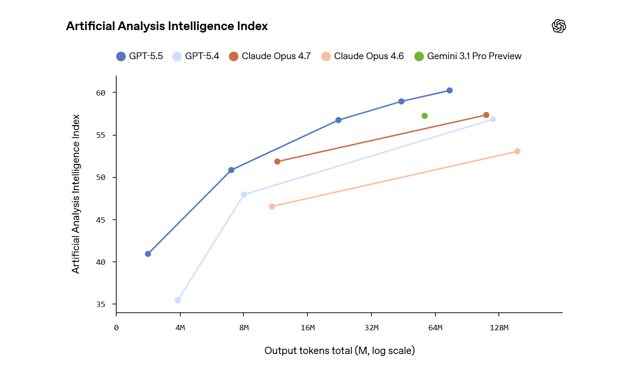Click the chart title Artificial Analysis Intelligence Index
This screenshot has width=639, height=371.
[x=167, y=26]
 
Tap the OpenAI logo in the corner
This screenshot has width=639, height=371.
[x=559, y=26]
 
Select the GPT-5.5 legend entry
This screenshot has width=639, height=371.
[x=140, y=56]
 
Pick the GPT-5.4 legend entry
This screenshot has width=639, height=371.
[x=196, y=56]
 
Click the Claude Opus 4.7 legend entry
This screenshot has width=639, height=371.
[x=270, y=56]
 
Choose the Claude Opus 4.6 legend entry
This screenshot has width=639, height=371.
[x=363, y=56]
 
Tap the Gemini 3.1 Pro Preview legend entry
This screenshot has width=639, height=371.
[x=468, y=56]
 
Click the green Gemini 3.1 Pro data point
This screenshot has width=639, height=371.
[x=425, y=116]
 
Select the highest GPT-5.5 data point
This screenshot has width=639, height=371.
[x=449, y=91]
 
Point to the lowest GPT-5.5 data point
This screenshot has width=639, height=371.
[x=148, y=254]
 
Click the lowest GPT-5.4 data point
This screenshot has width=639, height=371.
[x=178, y=301]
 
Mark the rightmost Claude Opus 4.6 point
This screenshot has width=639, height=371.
[x=517, y=151]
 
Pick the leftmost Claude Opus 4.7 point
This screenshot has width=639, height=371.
[x=277, y=161]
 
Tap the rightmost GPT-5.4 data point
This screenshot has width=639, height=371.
[x=493, y=119]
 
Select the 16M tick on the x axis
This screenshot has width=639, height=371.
[x=308, y=328]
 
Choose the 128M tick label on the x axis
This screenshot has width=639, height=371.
[x=499, y=328]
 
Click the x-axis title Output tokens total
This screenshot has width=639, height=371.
[x=339, y=350]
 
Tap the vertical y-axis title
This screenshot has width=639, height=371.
[x=76, y=194]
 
